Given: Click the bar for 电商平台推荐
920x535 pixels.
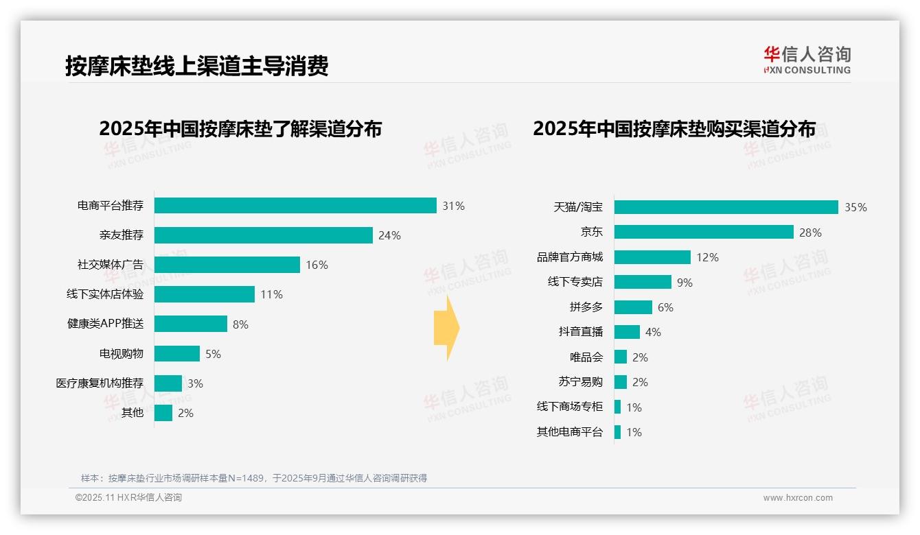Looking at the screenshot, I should (x=295, y=206).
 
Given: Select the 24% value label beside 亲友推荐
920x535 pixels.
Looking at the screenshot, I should (x=389, y=236).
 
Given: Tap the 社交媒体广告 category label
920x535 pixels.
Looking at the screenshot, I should (x=111, y=265).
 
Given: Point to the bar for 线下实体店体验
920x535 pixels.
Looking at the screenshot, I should (x=205, y=294).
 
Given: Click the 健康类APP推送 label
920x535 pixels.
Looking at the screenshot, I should (x=105, y=324).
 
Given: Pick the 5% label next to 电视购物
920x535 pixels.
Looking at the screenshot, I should (x=213, y=354).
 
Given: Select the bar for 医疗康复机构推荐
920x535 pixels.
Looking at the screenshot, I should (x=168, y=383).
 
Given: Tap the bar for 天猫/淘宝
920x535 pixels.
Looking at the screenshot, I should (x=726, y=207).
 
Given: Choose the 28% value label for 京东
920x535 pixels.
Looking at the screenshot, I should (x=810, y=233).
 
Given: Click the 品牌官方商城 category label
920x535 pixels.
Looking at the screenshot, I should (x=570, y=257).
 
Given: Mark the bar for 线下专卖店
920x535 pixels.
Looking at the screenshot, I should (x=643, y=282).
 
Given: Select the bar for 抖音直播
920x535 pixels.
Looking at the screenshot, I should (x=627, y=332).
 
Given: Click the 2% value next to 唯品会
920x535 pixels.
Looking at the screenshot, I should (x=640, y=357).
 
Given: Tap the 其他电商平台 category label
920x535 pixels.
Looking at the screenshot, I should (x=570, y=432).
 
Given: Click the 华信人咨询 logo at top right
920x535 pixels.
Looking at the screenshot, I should (x=807, y=60).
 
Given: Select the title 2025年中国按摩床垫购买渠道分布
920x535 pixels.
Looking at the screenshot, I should (x=674, y=129).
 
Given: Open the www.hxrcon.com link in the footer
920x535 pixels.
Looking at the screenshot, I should (x=798, y=498).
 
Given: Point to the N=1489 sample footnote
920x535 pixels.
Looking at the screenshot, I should (x=254, y=478).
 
